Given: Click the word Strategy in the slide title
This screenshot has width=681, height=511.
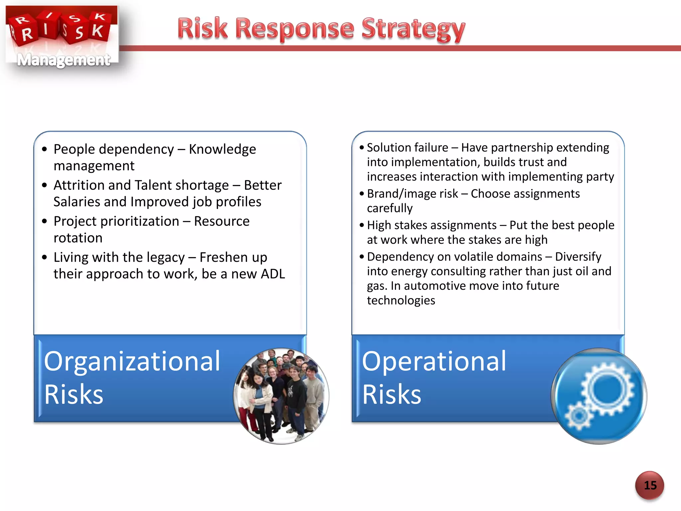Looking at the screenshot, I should pos(413,29).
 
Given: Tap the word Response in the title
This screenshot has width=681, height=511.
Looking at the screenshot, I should pos(295,29).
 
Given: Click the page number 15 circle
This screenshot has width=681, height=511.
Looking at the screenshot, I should pos(650,485).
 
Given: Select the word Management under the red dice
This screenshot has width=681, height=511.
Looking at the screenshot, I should pos(63,60).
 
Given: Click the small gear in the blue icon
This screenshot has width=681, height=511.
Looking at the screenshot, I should pos(579,416).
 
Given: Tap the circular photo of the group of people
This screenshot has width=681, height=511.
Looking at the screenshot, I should pos(281,396).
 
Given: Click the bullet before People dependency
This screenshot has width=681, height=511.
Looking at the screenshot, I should pos(45,149).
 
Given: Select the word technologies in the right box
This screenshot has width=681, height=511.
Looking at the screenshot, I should pos(401,300).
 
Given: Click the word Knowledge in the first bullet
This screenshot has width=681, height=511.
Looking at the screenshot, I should pos(222,149).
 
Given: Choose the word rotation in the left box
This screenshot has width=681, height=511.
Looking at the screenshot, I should pos(78,238).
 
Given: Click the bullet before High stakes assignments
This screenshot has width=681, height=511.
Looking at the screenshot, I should pos(362,225).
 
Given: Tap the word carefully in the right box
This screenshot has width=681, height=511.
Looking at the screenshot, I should pos(389,208).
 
